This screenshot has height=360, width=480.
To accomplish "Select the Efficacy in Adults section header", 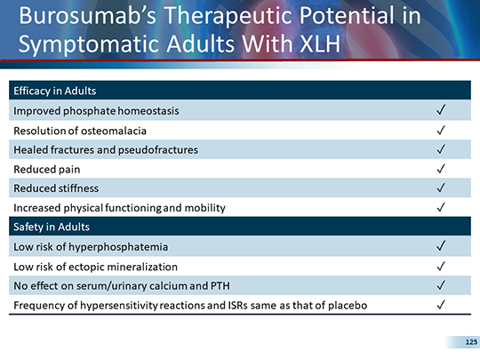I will (53, 91).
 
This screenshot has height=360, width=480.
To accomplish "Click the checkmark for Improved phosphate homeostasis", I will (441, 110).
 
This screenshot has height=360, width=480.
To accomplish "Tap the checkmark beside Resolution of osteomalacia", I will (441, 130).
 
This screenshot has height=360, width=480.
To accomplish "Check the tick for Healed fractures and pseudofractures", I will (441, 149).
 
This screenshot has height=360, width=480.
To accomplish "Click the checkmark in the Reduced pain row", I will (441, 169).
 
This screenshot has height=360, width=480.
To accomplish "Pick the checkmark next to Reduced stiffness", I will (441, 188).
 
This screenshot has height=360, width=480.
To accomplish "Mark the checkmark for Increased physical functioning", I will (441, 208).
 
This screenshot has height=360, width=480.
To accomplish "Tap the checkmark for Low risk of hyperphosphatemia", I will (441, 246).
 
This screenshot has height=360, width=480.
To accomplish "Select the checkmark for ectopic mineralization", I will (441, 267).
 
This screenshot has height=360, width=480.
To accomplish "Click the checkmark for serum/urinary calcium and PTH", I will (441, 286).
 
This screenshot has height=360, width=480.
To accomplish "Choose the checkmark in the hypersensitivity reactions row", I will (441, 306).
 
